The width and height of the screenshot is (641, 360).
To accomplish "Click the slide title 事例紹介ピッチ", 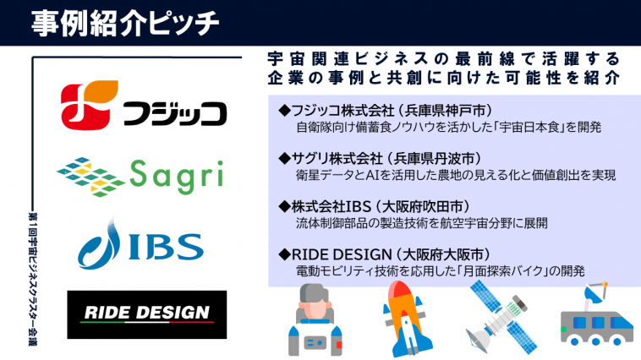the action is (x=125, y=24).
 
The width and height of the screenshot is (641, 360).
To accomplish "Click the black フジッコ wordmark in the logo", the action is (x=174, y=113).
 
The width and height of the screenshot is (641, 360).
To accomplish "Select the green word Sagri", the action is (x=177, y=177).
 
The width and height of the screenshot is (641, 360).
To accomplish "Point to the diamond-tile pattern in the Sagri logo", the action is (x=90, y=177).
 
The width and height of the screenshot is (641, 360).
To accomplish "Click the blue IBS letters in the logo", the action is (x=167, y=247).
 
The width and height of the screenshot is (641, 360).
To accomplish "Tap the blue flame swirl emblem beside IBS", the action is (x=99, y=243).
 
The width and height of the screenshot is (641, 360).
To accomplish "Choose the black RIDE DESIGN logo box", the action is (x=147, y=314).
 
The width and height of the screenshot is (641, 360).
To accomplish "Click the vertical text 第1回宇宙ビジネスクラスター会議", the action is (x=33, y=279).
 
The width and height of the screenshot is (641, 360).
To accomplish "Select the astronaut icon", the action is (x=315, y=320).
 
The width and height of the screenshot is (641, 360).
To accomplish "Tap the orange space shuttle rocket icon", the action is (x=407, y=319).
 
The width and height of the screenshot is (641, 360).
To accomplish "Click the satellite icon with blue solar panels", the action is (x=501, y=317).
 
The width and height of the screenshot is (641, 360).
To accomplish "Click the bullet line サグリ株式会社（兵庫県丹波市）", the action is (x=380, y=159).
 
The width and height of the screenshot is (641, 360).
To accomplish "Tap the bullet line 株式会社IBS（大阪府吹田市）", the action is (x=374, y=206).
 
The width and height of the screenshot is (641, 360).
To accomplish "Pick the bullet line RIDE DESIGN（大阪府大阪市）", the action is (x=384, y=254).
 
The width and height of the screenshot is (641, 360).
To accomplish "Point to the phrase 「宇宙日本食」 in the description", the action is (x=529, y=127).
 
